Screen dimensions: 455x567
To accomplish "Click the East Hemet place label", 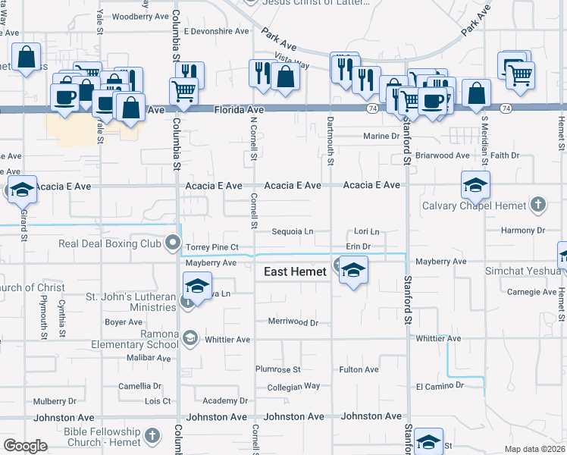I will (x=295, y=271).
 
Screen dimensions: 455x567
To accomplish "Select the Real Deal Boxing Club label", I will (x=110, y=244).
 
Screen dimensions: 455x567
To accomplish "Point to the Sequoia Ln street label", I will (x=292, y=231).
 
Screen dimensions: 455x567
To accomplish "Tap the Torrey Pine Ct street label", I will (x=212, y=247).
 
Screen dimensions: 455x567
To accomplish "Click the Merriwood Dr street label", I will (x=293, y=322).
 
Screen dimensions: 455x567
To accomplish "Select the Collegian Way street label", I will (x=294, y=387).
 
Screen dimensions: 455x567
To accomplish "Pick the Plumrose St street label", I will (x=278, y=370).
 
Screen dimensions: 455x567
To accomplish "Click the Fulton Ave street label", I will (x=359, y=370).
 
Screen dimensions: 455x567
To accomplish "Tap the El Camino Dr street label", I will (x=440, y=387).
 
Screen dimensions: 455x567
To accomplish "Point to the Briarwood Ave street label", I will (x=443, y=155).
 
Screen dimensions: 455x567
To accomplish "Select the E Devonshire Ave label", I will (x=216, y=32).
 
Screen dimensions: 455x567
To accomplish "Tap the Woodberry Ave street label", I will (x=140, y=16).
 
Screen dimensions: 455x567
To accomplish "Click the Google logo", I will (x=25, y=446).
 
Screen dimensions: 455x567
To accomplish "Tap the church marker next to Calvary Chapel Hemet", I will (x=537, y=205).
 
